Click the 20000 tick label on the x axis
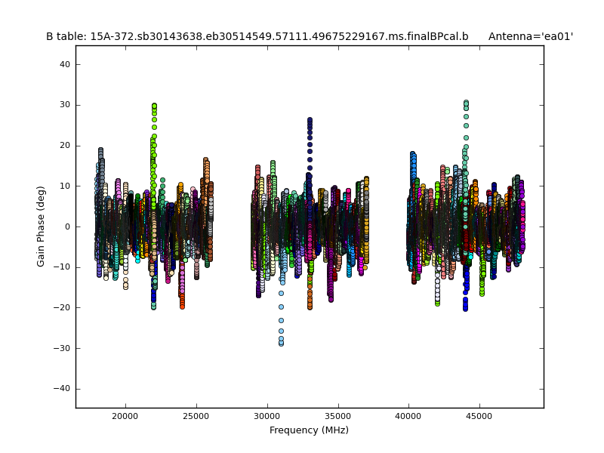[x=125, y=415]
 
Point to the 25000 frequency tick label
[x=196, y=415]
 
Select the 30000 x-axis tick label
[x=267, y=415]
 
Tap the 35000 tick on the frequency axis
[x=337, y=415]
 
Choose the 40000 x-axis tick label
[x=408, y=415]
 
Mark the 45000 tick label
[x=479, y=415]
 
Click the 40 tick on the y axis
[x=66, y=65]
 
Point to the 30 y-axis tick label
[x=66, y=105]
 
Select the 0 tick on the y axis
[x=68, y=226]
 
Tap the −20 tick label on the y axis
[x=63, y=307]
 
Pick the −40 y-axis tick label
[x=63, y=388]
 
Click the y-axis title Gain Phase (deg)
[x=42, y=226]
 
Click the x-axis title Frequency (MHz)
[x=309, y=430]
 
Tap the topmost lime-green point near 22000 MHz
[x=154, y=106]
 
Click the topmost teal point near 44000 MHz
[x=466, y=102]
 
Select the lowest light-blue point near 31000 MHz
[x=281, y=344]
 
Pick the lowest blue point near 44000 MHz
[x=465, y=309]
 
